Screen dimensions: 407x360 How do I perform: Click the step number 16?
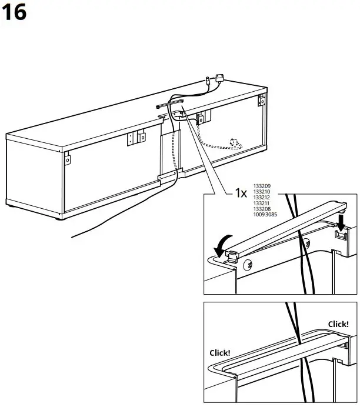point(14,12)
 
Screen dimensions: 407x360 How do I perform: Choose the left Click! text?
point(220,353)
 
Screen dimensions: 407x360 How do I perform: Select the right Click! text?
point(338,324)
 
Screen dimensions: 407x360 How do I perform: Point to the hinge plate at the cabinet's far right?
point(261,101)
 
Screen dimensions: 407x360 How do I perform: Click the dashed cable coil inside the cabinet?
point(235,142)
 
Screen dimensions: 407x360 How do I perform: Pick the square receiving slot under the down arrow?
point(340,235)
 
